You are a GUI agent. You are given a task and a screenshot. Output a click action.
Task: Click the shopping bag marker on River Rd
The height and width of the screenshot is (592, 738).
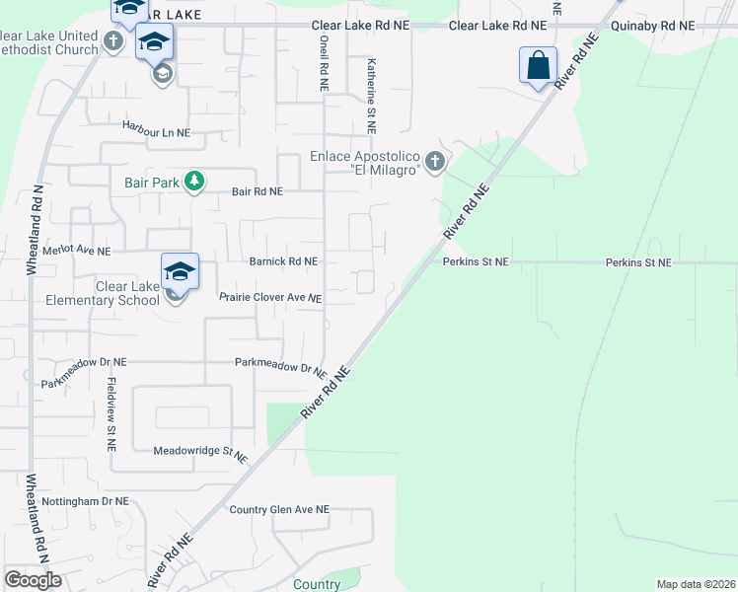538,66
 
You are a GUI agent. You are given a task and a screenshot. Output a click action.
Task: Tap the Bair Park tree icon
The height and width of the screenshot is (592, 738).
195,181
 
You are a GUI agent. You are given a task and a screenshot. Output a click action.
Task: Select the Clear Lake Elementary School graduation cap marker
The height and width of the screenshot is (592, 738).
181,272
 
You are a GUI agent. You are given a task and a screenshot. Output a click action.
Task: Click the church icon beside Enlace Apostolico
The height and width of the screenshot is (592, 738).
434,160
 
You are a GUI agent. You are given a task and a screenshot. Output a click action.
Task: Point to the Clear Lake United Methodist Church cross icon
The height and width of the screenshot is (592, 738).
113,41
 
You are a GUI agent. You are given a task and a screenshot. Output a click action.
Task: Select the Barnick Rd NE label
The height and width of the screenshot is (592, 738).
283,262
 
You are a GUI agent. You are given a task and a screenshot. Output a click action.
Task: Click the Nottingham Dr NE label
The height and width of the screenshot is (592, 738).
85,501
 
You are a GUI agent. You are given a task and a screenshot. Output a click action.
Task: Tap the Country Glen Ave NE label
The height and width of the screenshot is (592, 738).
278,510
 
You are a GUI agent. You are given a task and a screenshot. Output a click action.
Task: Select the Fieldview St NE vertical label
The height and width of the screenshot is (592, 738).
111,413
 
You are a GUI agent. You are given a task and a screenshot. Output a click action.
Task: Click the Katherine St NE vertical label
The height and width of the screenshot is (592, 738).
372,95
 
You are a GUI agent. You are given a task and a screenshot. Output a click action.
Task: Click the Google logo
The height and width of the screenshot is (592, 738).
33,580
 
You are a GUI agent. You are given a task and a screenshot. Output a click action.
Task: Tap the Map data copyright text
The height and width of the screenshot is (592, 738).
695,584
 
